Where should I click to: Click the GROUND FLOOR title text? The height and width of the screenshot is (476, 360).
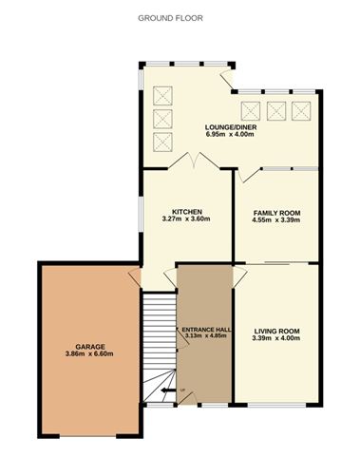(170, 18)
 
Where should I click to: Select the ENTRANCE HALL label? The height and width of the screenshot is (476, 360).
(204, 329)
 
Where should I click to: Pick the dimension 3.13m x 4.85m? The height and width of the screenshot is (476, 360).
(204, 336)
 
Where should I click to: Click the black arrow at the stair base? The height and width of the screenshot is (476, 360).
(167, 390)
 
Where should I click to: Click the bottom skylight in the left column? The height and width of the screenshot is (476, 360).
(161, 143)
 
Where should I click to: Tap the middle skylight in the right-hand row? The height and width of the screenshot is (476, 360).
(277, 108)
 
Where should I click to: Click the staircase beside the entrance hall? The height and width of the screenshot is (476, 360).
(158, 342)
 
